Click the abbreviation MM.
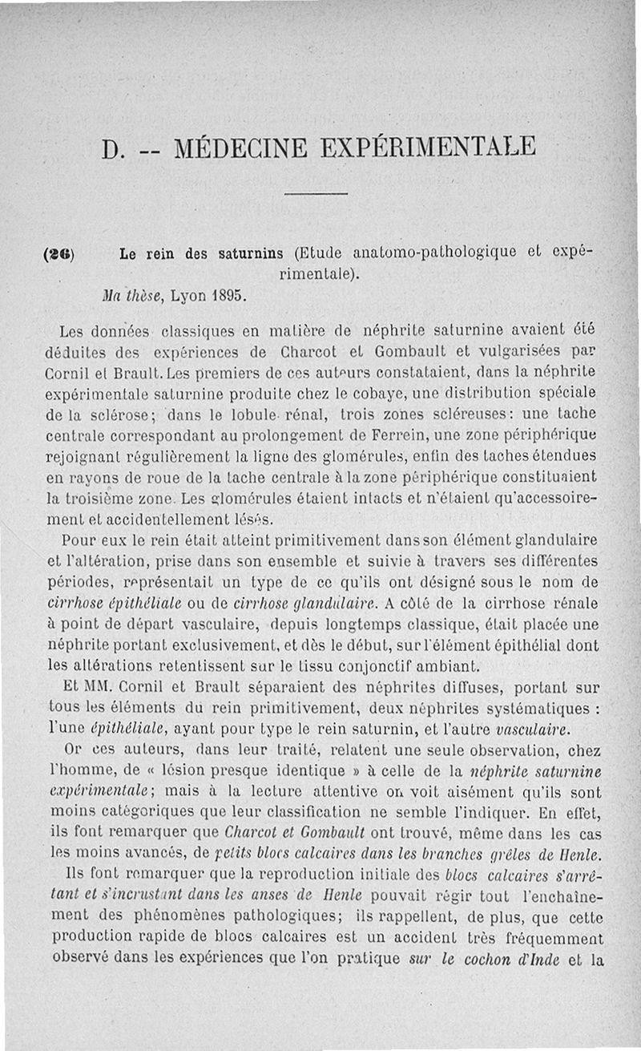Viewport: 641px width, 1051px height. point(95,688)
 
